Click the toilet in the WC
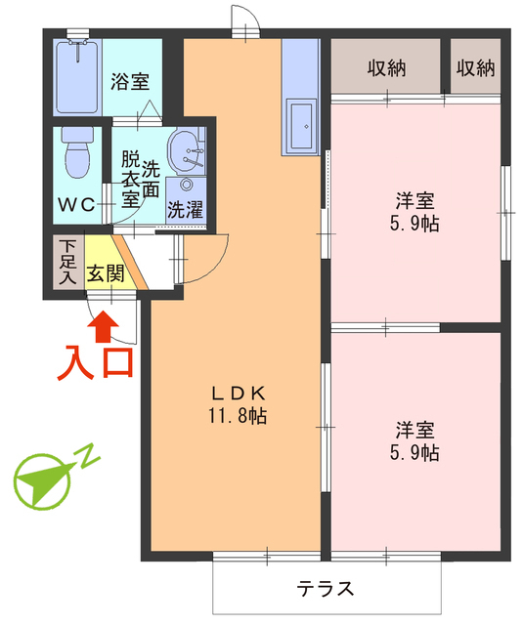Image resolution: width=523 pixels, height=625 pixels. (x=74, y=151)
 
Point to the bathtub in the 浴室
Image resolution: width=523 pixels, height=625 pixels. (x=77, y=74)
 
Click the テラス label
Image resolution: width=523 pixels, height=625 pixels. (x=326, y=590)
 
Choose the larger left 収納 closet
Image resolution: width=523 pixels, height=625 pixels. (x=388, y=68)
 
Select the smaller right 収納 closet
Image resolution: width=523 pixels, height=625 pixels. (x=474, y=68)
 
